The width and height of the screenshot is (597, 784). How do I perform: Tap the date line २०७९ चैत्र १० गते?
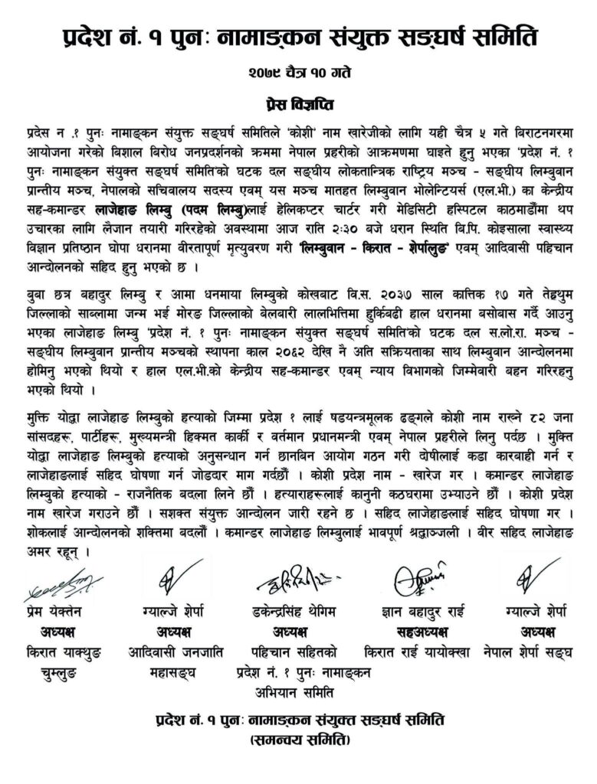[298, 74]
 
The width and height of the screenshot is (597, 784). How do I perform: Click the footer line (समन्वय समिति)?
[298, 741]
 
